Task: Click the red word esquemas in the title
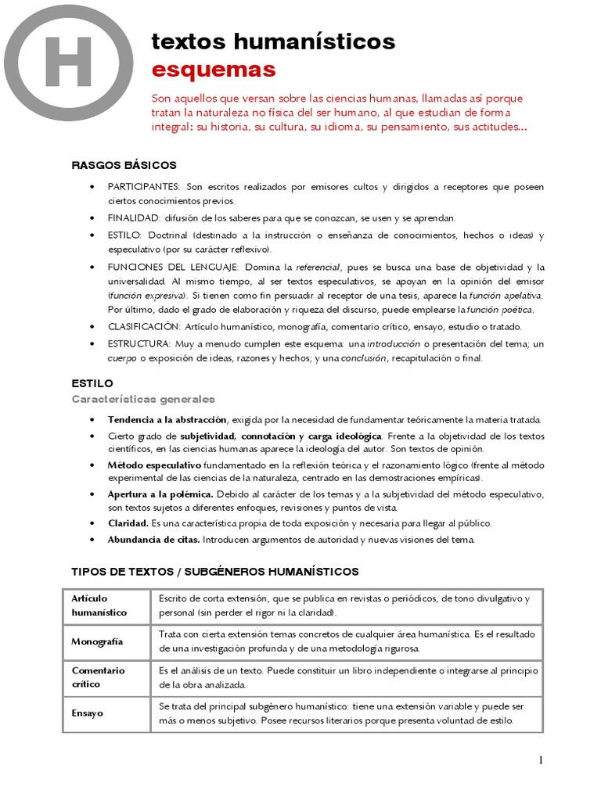coord(214,70)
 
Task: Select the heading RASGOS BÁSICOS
coord(124,165)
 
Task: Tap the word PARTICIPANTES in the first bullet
coord(144,187)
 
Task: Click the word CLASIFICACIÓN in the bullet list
coord(145,326)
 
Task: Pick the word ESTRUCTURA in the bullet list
coord(139,343)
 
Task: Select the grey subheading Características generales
coord(143,399)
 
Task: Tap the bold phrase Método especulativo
coord(154,465)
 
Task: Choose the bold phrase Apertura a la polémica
coord(160,494)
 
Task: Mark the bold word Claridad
coord(128,523)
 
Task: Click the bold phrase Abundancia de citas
coord(154,540)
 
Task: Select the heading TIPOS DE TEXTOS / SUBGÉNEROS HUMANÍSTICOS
coord(215,572)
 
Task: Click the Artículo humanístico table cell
coord(106,605)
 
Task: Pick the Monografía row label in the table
coord(97,641)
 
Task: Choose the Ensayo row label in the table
coord(88,713)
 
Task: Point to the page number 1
coord(540,760)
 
